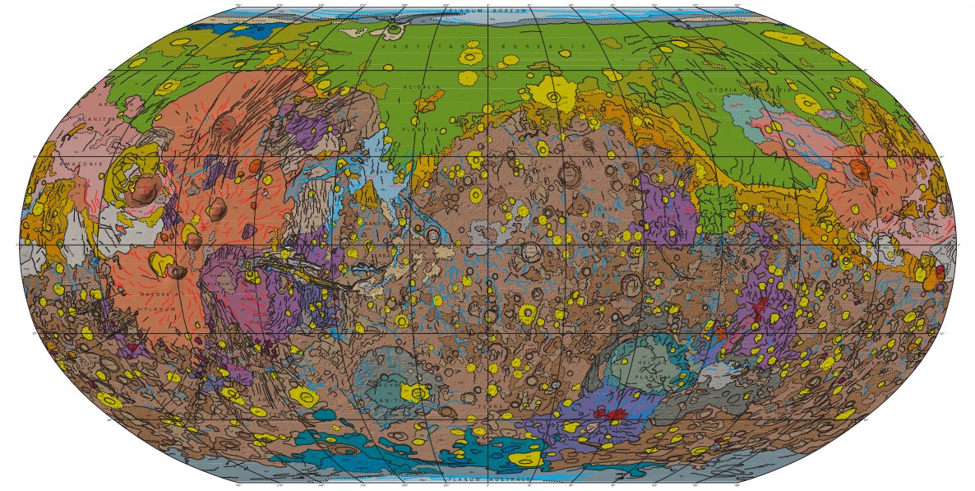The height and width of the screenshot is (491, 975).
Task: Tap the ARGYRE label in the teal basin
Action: (x=386, y=384)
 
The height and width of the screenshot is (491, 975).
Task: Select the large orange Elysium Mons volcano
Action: (x=860, y=169)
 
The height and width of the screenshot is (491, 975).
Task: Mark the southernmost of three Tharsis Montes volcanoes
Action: (x=180, y=271)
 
